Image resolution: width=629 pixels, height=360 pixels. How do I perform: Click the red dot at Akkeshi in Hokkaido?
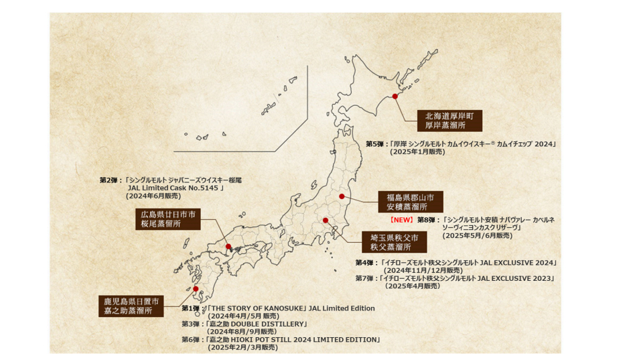click(395, 97)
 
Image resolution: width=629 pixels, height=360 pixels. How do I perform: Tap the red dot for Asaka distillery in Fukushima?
click(342, 196)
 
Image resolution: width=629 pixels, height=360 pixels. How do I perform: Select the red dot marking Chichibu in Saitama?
click(325, 221)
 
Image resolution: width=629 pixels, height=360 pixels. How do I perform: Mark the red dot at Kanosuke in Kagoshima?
click(196, 289)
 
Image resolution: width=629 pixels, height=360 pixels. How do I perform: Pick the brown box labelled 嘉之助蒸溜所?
click(131, 306)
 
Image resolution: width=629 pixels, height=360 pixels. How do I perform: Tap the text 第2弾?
click(108, 180)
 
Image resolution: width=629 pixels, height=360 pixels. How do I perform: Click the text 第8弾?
click(426, 220)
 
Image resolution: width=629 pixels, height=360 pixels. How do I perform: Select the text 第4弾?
click(364, 262)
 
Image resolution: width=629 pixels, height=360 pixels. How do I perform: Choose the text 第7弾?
click(364, 278)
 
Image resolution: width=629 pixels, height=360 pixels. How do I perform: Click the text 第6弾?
click(190, 340)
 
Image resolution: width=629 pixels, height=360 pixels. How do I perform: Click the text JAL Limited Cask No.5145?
click(174, 188)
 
